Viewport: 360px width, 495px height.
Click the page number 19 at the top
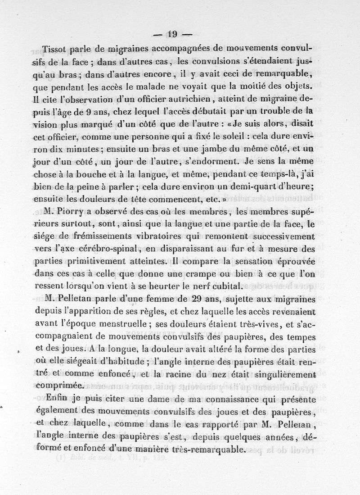173,33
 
